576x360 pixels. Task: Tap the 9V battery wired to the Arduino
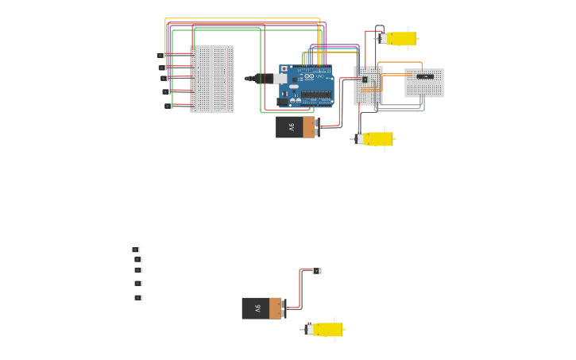pyautogui.click(x=296, y=127)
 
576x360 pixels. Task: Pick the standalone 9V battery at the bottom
pyautogui.click(x=261, y=308)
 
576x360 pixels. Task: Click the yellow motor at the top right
pyautogui.click(x=399, y=38)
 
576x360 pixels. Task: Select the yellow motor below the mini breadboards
pyautogui.click(x=376, y=139)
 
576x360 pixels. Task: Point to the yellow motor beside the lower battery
pyautogui.click(x=326, y=329)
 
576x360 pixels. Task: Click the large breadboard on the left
pyautogui.click(x=211, y=79)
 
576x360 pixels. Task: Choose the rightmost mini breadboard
pyautogui.click(x=424, y=83)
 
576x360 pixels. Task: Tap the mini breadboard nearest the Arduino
pyautogui.click(x=368, y=86)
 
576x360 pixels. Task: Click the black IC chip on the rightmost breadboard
pyautogui.click(x=425, y=77)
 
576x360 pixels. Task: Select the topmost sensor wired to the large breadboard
pyautogui.click(x=160, y=56)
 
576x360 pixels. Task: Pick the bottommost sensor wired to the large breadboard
pyautogui.click(x=168, y=106)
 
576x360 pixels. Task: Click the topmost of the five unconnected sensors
pyautogui.click(x=136, y=250)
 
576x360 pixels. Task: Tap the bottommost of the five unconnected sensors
pyautogui.click(x=138, y=298)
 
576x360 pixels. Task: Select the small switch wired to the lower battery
pyautogui.click(x=317, y=271)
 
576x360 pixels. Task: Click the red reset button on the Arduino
pyautogui.click(x=284, y=69)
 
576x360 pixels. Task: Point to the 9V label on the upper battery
pyautogui.click(x=291, y=127)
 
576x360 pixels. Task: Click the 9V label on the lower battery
pyautogui.click(x=257, y=308)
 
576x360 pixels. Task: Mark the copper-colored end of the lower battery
pyautogui.click(x=275, y=308)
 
